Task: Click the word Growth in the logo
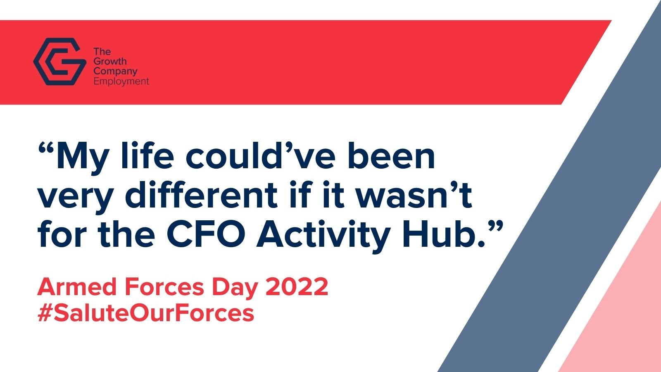pyautogui.click(x=110, y=62)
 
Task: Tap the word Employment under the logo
pyautogui.click(x=121, y=81)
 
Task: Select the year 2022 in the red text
pyautogui.click(x=297, y=286)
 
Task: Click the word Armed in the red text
pyautogui.click(x=77, y=286)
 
